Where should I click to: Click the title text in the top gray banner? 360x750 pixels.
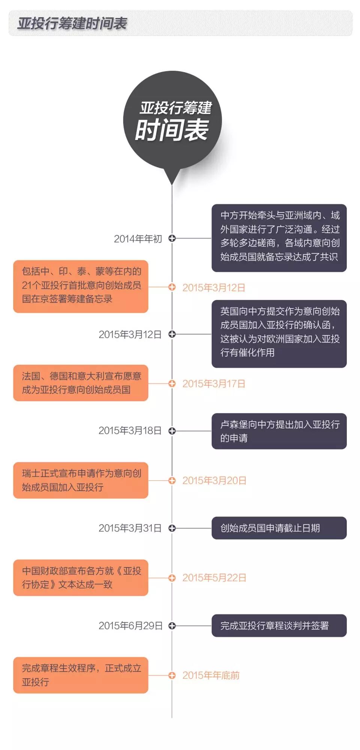tap(72, 24)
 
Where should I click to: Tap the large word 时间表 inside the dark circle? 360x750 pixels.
tap(172, 130)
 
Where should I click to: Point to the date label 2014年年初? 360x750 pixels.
tap(138, 239)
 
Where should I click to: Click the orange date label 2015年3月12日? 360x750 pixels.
tap(214, 288)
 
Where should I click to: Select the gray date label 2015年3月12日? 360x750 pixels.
tap(130, 334)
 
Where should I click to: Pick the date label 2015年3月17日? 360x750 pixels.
tap(214, 384)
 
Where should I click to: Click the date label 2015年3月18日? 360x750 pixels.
tap(130, 430)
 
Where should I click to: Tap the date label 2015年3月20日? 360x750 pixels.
tap(214, 481)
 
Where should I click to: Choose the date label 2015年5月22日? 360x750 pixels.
tap(214, 578)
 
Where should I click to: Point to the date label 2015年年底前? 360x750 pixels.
tap(211, 675)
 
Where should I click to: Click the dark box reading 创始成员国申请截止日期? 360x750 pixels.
tap(279, 528)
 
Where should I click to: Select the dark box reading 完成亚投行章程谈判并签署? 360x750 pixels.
tap(279, 625)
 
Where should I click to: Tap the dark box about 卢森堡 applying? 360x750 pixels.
tap(279, 431)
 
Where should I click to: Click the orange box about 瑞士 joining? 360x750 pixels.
tap(81, 480)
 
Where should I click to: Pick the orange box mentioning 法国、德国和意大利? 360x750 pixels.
tap(81, 383)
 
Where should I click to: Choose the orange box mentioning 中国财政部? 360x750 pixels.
tap(81, 577)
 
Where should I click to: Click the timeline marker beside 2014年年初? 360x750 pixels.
tap(172, 238)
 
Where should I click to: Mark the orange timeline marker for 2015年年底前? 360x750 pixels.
tap(172, 675)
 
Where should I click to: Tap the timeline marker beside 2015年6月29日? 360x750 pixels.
tap(172, 625)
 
